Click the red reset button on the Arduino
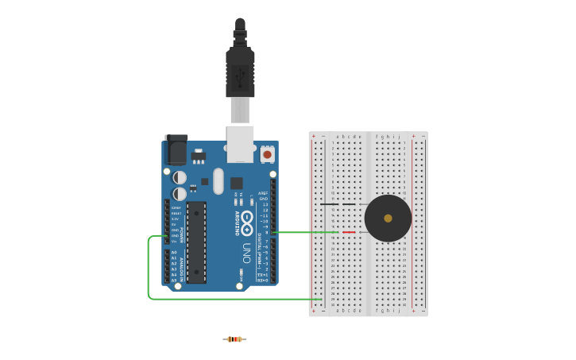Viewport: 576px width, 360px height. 267,154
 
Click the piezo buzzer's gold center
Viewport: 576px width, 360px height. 388,218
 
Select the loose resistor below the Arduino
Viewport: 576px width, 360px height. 234,339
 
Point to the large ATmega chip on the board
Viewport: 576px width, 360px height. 196,242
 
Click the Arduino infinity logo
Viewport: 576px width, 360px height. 247,223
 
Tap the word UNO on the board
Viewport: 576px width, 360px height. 246,253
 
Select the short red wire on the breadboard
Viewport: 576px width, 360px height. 349,232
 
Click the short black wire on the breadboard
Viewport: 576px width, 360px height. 328,204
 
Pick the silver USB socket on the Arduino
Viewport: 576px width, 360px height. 240,143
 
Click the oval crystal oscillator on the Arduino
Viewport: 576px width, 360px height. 218,181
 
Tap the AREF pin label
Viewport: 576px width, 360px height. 263,193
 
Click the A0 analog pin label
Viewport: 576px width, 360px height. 174,253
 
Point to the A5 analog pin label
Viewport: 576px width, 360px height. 174,280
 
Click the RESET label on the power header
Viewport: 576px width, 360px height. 176,214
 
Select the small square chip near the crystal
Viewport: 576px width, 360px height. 236,184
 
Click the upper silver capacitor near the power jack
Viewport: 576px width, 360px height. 180,177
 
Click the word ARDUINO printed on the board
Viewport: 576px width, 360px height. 237,223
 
